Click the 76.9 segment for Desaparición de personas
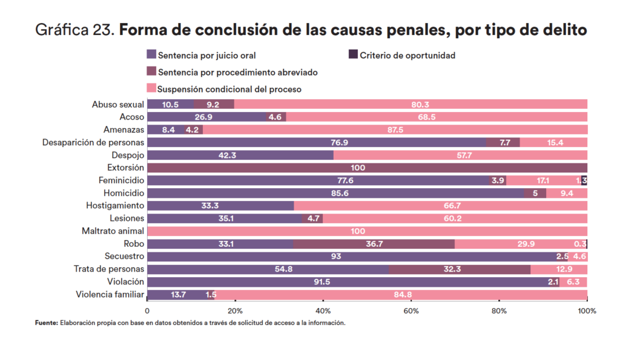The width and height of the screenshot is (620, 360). [x=317, y=142]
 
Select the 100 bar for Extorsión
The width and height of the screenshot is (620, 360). [x=367, y=168]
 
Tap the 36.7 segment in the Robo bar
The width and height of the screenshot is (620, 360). [x=374, y=244]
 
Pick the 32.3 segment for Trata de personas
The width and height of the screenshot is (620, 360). [x=460, y=269]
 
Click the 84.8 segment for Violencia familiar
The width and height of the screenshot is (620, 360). [x=401, y=295]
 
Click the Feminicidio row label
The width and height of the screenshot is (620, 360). [x=121, y=180]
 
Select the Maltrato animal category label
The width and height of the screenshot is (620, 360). [x=113, y=231]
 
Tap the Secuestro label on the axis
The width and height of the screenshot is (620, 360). [x=124, y=257]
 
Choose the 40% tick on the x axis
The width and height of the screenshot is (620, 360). [x=323, y=311]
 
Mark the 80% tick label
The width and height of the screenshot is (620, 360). [x=499, y=311]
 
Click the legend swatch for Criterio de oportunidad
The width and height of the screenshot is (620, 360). [x=353, y=55]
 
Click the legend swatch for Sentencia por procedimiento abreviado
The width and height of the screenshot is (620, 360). [x=151, y=72]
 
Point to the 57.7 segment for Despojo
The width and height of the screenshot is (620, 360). [x=460, y=155]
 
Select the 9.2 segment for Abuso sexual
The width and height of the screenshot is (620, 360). [x=214, y=104]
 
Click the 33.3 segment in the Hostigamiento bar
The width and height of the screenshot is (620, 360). [x=220, y=206]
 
